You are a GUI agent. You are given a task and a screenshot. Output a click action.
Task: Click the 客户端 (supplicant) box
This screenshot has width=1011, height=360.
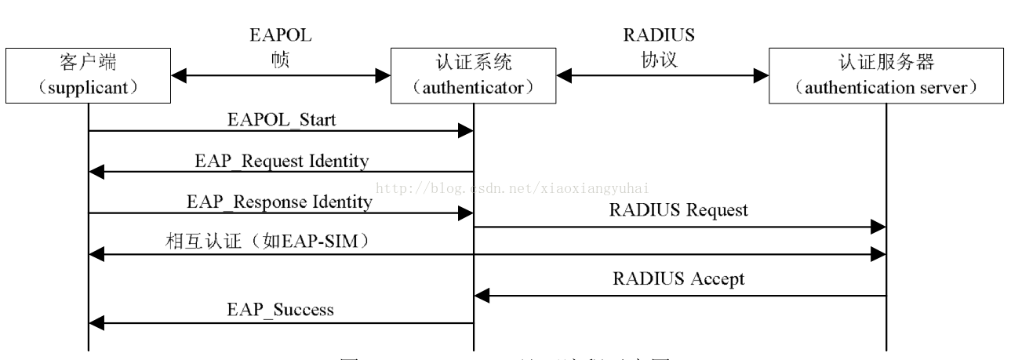[x=88, y=76]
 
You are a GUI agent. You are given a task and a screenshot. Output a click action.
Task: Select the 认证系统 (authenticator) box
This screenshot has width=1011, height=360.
[x=474, y=76]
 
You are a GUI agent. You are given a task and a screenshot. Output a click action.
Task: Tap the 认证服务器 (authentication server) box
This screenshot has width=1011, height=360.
[x=886, y=76]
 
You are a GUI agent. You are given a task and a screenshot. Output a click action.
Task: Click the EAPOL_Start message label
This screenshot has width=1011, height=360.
[x=281, y=120]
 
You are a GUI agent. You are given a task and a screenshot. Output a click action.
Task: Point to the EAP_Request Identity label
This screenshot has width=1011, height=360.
[x=282, y=161]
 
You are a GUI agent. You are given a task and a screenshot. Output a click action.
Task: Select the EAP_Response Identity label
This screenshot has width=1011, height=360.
[x=279, y=202]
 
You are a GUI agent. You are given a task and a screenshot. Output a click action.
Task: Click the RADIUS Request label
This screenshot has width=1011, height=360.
[x=679, y=210]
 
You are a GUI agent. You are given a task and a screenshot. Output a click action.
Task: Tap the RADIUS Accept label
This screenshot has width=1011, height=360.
[x=679, y=278]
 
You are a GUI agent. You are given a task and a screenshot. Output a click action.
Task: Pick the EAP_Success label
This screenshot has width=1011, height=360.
[x=281, y=309]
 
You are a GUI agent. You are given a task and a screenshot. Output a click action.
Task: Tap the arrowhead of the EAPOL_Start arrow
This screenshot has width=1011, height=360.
[x=466, y=132]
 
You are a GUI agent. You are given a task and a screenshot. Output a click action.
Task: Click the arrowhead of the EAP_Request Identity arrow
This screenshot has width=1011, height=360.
[x=96, y=172]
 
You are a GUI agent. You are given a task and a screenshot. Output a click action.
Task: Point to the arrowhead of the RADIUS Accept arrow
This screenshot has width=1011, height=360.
[x=482, y=295]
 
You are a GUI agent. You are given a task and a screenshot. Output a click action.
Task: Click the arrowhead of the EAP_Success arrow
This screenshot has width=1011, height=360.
[x=96, y=322]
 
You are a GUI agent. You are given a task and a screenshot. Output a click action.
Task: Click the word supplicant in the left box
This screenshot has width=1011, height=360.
[x=88, y=87]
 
